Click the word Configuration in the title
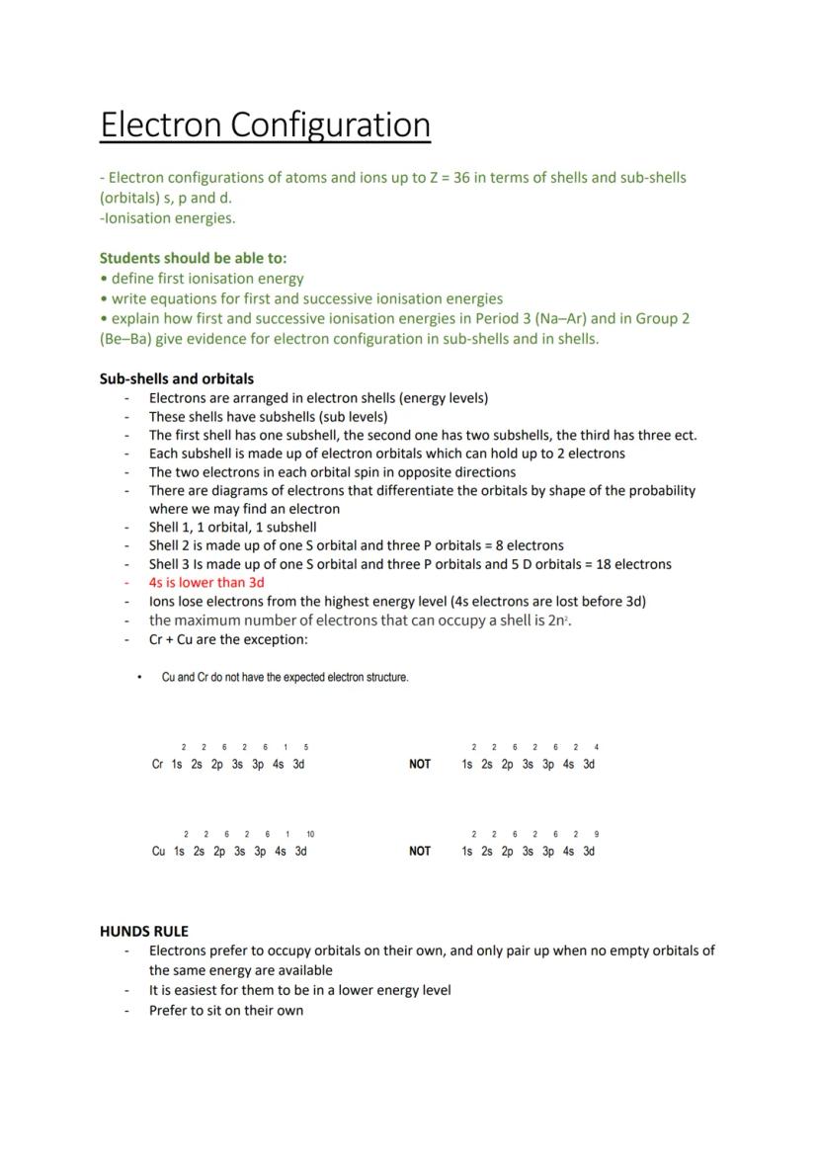[331, 125]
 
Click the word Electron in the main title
[162, 125]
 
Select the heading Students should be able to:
[193, 258]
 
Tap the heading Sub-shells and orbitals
[177, 378]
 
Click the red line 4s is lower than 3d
[206, 583]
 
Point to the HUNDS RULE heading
[144, 931]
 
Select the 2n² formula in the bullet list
[559, 620]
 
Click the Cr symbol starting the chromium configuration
[157, 764]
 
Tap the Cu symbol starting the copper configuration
[158, 851]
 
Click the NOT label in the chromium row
[420, 764]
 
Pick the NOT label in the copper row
[420, 851]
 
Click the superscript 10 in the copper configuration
[310, 835]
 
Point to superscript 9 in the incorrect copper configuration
[597, 835]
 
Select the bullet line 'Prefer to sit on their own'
[226, 1010]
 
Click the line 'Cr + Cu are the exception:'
[228, 639]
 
